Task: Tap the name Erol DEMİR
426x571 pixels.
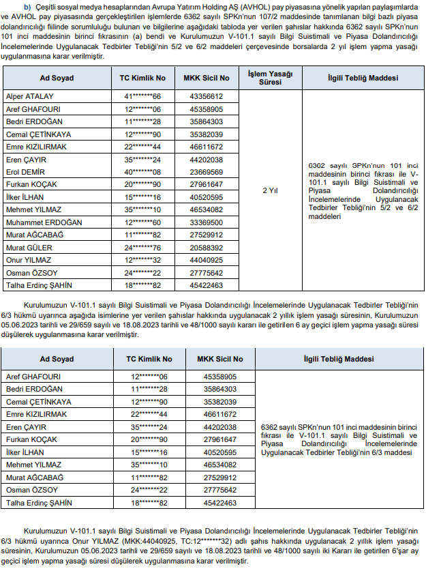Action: [26, 172]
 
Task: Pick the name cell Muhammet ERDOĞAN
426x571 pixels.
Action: [44, 222]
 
